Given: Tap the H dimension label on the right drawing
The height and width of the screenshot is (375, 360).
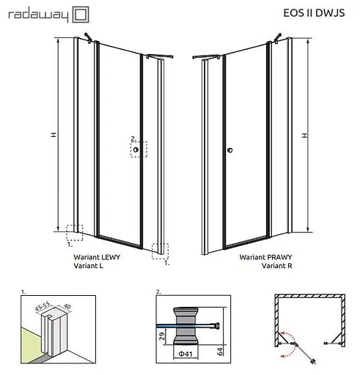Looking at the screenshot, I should click(304, 135).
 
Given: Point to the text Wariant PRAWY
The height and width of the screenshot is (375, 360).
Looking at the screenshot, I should click(265, 258).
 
